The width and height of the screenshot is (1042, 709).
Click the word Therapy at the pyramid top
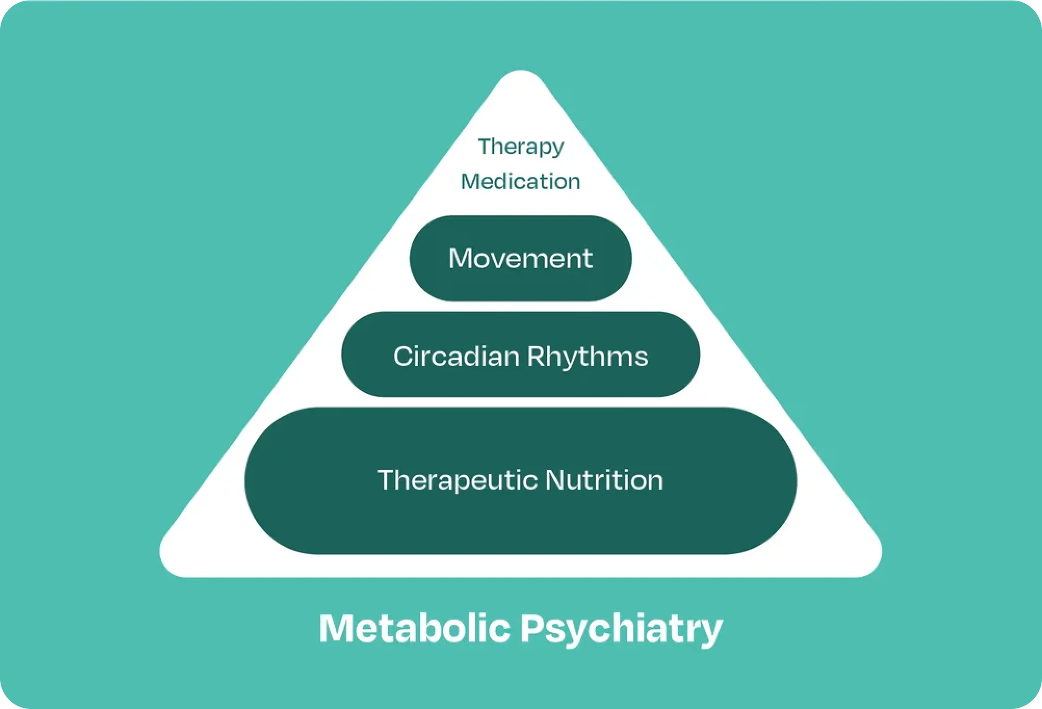pos(521,147)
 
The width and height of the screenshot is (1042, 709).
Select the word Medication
pos(520,181)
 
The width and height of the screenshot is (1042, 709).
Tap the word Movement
pos(520,258)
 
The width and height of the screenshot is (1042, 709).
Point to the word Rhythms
pos(588,357)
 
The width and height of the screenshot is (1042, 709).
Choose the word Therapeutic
pos(458,480)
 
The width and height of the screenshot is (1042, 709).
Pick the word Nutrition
pos(604,479)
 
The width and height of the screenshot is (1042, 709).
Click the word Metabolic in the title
pos(414,628)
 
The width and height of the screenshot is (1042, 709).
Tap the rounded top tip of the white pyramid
pos(521,71)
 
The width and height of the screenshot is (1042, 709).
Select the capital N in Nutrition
pos(556,480)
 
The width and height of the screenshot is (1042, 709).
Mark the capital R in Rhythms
pos(537,356)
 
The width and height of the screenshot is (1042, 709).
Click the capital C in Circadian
pos(404,356)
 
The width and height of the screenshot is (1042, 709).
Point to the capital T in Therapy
pos(486,146)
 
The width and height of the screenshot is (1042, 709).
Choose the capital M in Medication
pos(470,181)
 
